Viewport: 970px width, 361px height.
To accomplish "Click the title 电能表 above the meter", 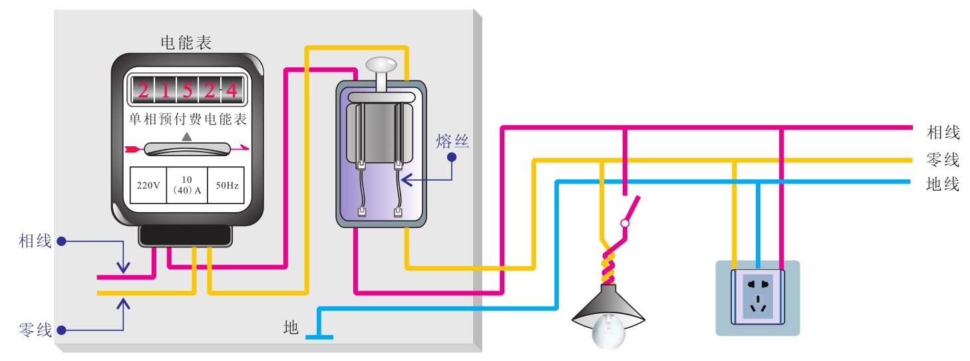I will (186, 43).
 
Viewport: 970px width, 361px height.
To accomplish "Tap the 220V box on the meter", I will (148, 185).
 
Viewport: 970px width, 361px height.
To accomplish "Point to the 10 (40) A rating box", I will (187, 185).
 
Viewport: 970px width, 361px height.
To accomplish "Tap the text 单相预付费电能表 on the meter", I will (187, 120).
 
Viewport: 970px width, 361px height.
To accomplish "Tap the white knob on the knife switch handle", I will (381, 64).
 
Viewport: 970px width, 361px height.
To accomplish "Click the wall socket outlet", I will (758, 297).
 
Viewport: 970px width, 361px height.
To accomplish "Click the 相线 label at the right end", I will (943, 132).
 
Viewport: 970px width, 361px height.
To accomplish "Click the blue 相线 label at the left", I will (35, 241).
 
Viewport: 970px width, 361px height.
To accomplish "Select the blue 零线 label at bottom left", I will (35, 330).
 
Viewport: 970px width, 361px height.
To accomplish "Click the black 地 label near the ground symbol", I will (291, 327).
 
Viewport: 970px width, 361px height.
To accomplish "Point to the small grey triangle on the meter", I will (187, 136).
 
